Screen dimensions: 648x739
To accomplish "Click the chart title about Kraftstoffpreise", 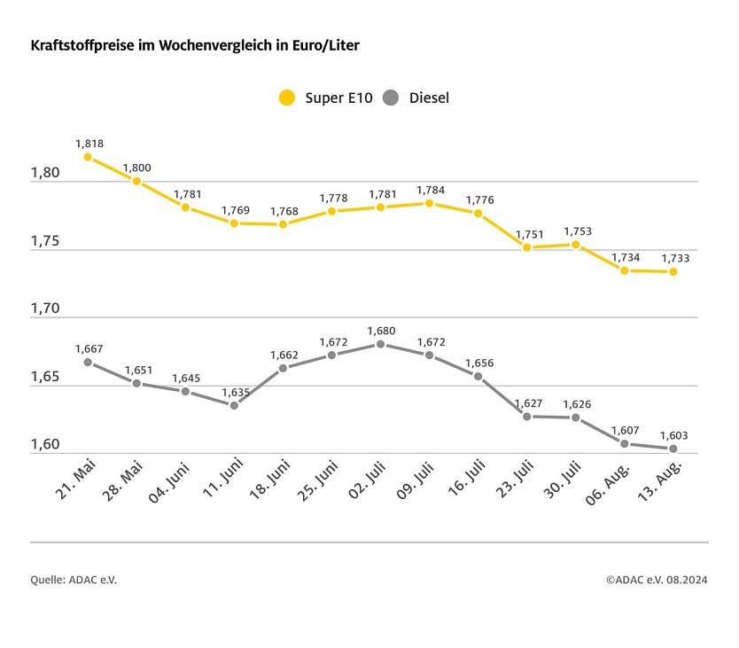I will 195,44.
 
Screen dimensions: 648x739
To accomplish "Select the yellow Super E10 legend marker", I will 286,98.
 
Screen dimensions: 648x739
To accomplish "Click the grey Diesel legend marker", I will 391,98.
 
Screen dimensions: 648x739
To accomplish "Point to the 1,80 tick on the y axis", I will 44,173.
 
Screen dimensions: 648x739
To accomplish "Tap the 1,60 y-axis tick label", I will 44,445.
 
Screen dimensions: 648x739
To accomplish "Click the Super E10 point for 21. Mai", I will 88,157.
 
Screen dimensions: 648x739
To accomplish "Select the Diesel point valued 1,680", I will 380,344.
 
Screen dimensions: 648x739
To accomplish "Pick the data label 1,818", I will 89,143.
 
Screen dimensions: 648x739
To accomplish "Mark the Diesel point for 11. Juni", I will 234,405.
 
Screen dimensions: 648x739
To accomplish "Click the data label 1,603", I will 673,435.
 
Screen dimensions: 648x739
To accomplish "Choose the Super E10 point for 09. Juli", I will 429,203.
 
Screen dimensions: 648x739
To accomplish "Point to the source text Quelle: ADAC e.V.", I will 74,580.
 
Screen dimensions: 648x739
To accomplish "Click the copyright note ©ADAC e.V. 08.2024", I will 657,580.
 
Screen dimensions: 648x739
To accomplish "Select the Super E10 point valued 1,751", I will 526,247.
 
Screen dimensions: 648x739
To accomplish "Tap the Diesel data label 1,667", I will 89,348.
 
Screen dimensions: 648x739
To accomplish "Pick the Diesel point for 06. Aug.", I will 625,443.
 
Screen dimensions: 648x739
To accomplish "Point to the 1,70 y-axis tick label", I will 44,308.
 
